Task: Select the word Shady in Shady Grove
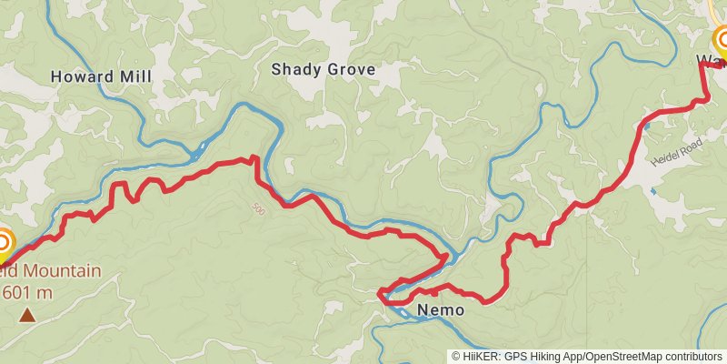coord(296,69)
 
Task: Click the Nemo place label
coord(441,310)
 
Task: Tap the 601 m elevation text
coord(28,292)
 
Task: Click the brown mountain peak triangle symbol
coord(27,315)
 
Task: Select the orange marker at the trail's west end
coord(3,243)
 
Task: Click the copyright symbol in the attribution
coord(456,356)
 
